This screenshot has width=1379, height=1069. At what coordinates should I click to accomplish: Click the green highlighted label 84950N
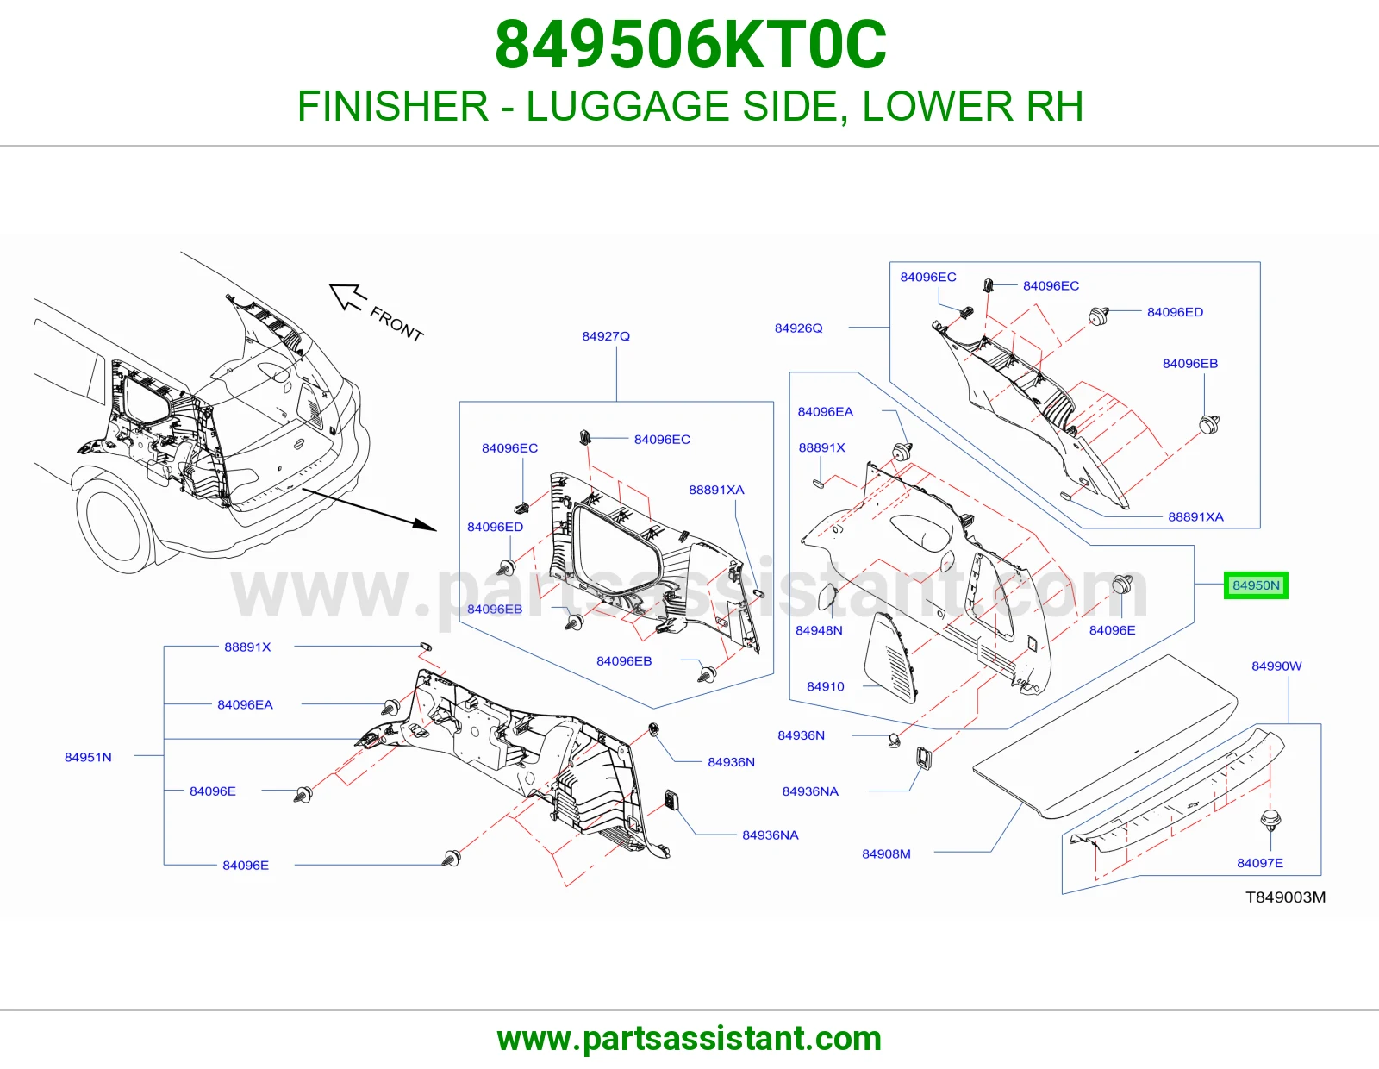pyautogui.click(x=1256, y=585)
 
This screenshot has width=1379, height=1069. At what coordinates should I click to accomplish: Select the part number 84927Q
pyautogui.click(x=606, y=336)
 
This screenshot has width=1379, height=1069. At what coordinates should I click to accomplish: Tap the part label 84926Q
pyautogui.click(x=798, y=328)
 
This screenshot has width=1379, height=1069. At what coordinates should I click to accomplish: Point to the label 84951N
pyautogui.click(x=88, y=757)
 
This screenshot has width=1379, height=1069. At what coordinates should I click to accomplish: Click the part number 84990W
pyautogui.click(x=1276, y=666)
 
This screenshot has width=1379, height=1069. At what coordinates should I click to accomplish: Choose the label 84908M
pyautogui.click(x=886, y=853)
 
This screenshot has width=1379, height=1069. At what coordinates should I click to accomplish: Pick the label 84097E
pyautogui.click(x=1260, y=863)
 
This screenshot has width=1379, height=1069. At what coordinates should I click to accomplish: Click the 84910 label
pyautogui.click(x=825, y=686)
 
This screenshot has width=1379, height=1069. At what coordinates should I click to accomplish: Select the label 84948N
pyautogui.click(x=819, y=630)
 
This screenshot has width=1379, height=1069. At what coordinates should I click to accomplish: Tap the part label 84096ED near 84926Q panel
pyautogui.click(x=1175, y=312)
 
